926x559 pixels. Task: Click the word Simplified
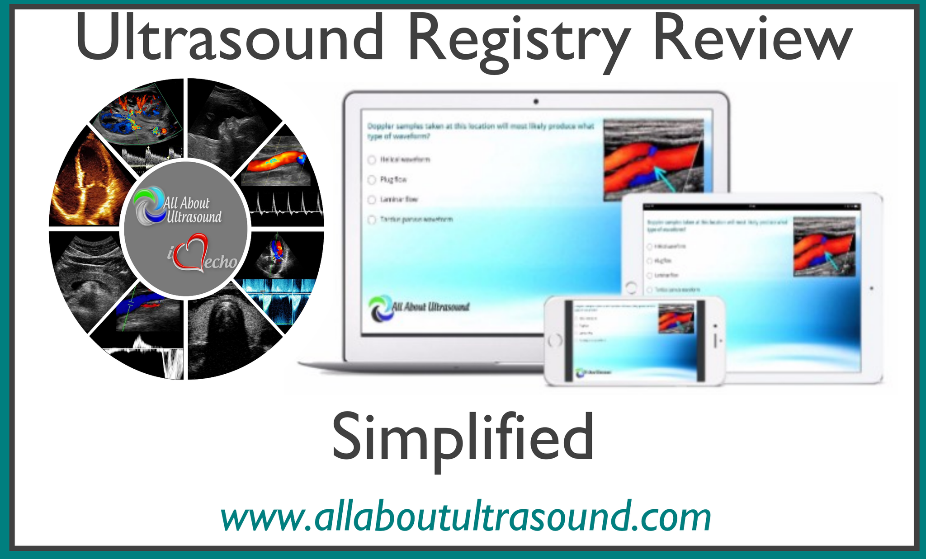click(x=463, y=437)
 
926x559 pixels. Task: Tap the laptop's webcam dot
click(x=536, y=102)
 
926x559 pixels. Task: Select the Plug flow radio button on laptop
click(x=372, y=180)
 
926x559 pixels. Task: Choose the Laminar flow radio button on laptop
click(x=372, y=199)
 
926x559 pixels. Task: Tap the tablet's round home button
click(x=631, y=287)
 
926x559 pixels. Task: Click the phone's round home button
click(x=555, y=340)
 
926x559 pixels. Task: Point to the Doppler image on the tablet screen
click(x=824, y=247)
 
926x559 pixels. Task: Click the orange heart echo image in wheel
click(x=88, y=185)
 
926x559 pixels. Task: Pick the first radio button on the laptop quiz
click(x=372, y=160)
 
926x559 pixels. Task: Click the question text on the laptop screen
click(x=479, y=131)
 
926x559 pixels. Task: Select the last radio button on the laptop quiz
click(x=372, y=220)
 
